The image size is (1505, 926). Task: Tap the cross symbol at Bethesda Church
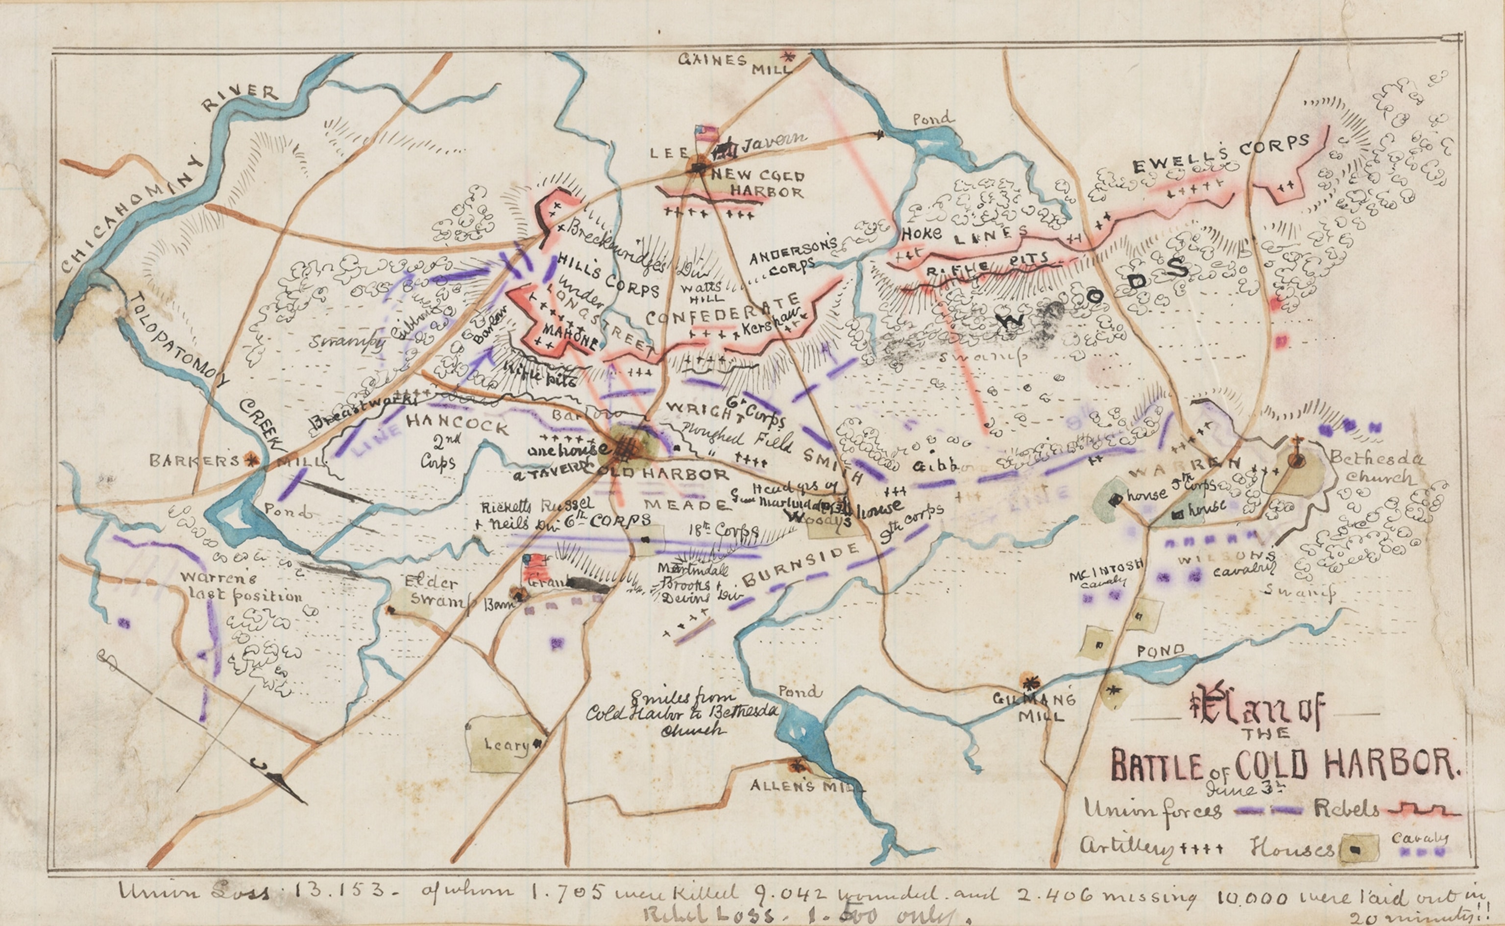(1296, 442)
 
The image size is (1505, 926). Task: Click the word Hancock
(457, 424)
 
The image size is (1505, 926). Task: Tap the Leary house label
(506, 745)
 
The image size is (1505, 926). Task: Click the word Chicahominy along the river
(132, 214)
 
